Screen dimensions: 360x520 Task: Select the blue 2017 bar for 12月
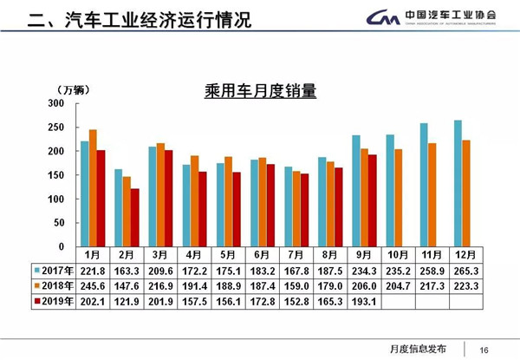[x=458, y=184]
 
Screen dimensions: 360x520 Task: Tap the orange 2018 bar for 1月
[x=93, y=188]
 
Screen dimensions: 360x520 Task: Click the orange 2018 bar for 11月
[x=432, y=195]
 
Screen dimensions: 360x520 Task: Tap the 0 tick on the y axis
[x=61, y=247]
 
